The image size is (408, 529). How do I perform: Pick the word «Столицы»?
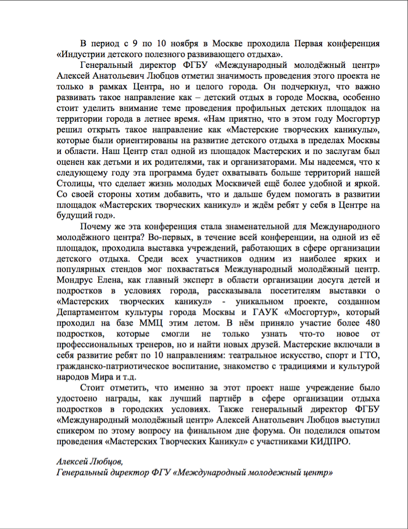pyautogui.click(x=73, y=183)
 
